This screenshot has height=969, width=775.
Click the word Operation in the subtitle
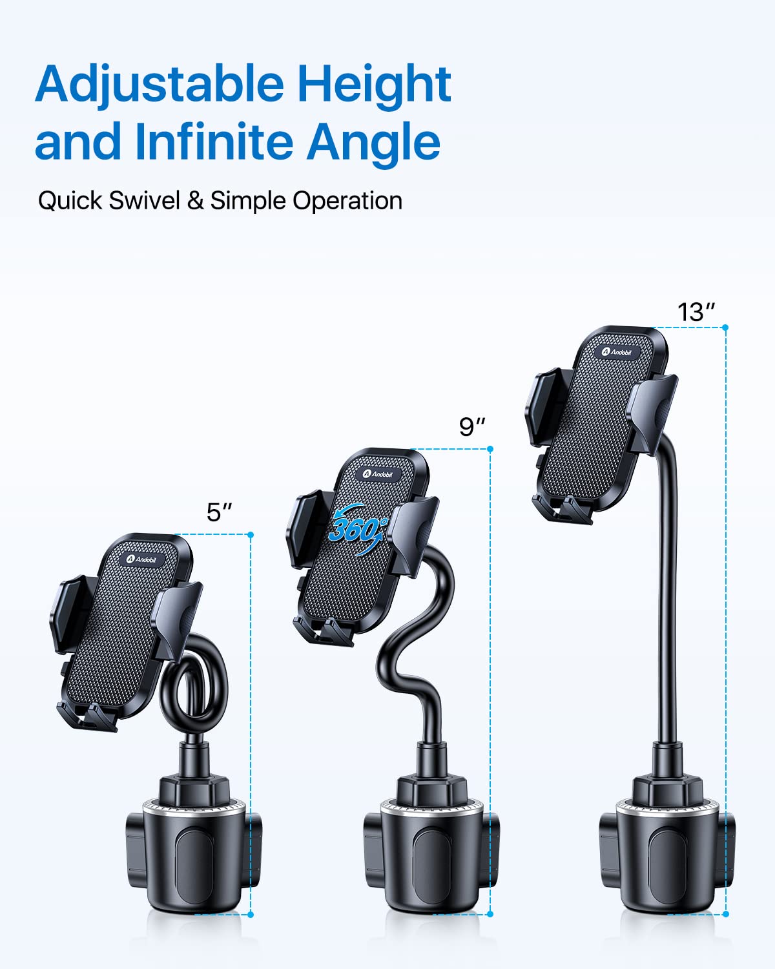tap(347, 201)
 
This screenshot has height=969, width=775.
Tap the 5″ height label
tap(219, 512)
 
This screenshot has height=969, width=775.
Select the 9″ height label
tap(471, 427)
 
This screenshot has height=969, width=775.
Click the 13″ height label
tap(696, 312)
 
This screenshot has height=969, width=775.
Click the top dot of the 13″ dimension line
tap(725, 328)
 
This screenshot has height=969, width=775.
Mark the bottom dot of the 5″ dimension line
tap(251, 914)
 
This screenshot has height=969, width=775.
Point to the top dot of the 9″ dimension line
tap(490, 449)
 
